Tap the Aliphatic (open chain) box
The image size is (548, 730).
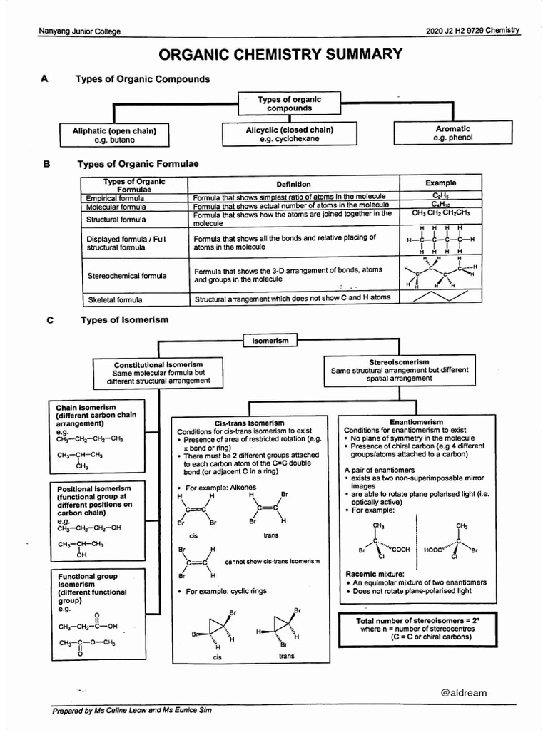[x=114, y=135]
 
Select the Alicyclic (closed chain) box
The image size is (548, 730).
[x=289, y=134]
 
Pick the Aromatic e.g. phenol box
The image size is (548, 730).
[x=452, y=133]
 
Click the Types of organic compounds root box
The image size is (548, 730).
[x=289, y=104]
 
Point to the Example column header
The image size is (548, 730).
[x=440, y=183]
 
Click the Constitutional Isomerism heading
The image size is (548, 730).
[x=158, y=364]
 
